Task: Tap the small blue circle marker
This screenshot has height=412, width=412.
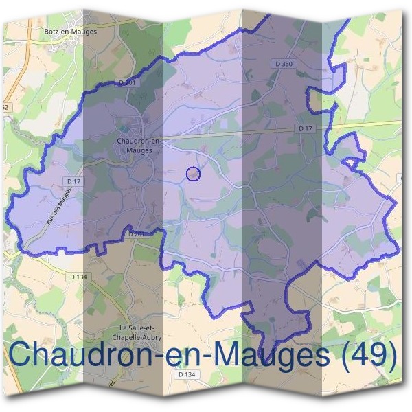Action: (x=194, y=174)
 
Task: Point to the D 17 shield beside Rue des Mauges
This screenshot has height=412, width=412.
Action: (x=74, y=181)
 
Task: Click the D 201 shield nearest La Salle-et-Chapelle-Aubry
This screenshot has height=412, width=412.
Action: (x=135, y=233)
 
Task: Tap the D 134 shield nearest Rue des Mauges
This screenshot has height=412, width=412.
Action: (x=80, y=277)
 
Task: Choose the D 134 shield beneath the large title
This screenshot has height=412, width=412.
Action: (x=185, y=375)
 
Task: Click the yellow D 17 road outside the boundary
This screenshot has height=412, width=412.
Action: (x=371, y=124)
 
